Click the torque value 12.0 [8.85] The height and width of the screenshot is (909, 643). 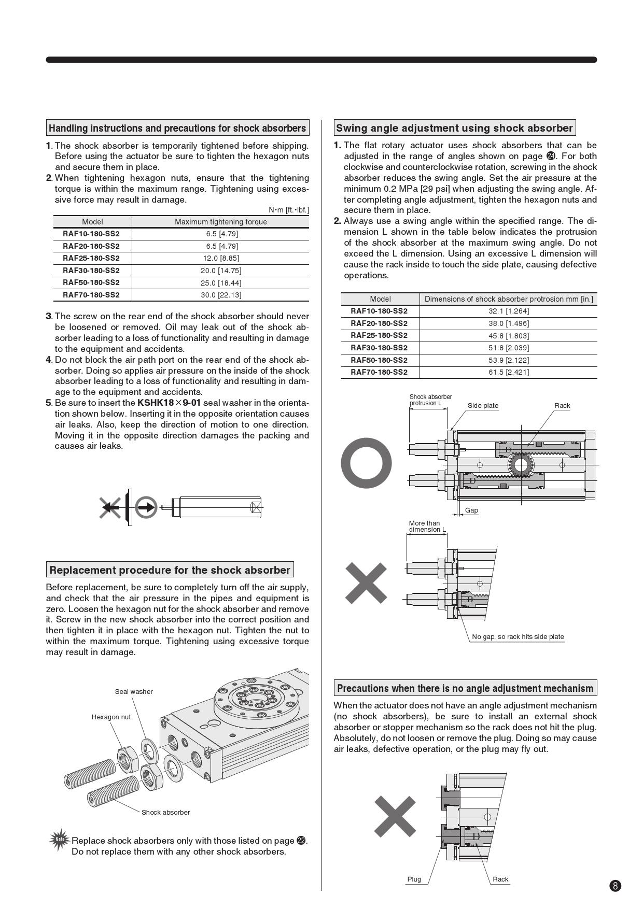[221, 258]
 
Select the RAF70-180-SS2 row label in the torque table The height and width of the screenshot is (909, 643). [91, 295]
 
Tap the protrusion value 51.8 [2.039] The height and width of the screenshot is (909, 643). [509, 348]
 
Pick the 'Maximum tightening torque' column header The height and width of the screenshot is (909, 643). [221, 222]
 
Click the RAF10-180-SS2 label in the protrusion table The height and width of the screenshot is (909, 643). [379, 311]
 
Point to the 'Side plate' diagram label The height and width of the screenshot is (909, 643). [483, 406]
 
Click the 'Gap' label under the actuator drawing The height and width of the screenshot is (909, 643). [471, 510]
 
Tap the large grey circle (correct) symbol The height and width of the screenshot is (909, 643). [366, 463]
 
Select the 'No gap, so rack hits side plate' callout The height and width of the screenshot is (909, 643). [518, 637]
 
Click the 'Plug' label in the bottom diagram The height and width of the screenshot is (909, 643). [414, 879]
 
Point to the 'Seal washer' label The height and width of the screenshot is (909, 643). [134, 692]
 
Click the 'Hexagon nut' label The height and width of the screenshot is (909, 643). [111, 717]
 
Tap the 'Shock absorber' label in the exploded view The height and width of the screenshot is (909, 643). [165, 812]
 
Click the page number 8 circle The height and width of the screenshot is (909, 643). [616, 885]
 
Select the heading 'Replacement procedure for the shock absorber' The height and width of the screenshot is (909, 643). [170, 570]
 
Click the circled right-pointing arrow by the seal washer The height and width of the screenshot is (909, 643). [146, 507]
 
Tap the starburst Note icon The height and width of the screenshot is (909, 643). [60, 840]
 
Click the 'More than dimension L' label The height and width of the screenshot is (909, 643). [427, 527]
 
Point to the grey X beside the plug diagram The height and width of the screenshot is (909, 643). [395, 816]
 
